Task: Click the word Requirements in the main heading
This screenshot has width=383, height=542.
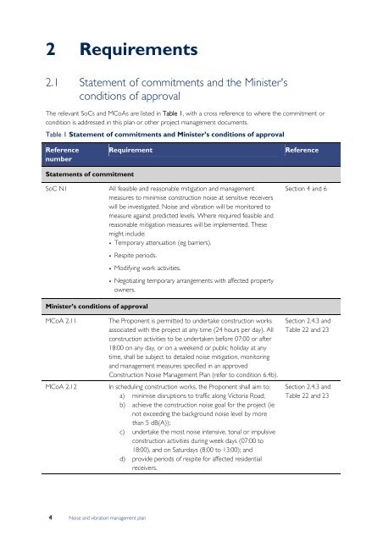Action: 139,52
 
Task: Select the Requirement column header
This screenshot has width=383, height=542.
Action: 131,149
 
